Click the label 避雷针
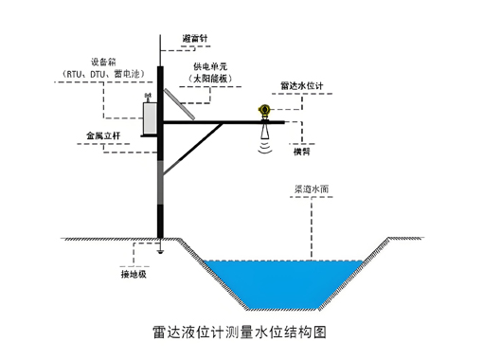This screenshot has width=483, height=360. (193, 38)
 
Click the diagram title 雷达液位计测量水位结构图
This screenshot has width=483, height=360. (243, 333)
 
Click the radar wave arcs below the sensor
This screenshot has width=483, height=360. (265, 145)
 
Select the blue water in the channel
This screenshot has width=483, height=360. (284, 279)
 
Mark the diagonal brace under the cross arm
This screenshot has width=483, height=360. (194, 147)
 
